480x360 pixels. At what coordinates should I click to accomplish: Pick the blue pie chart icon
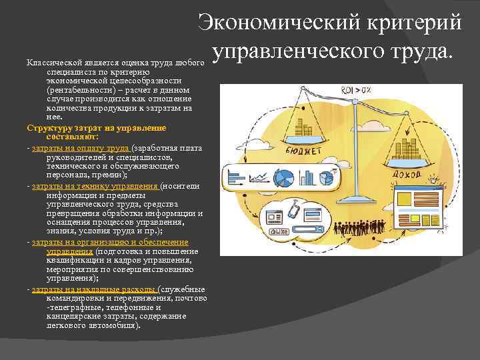(x=284, y=178)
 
